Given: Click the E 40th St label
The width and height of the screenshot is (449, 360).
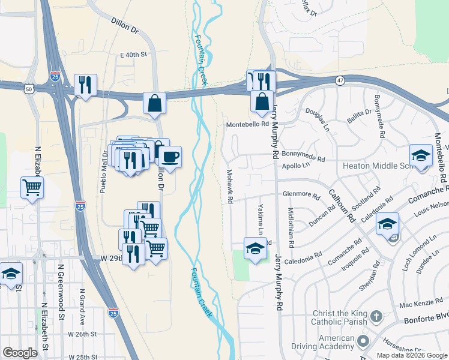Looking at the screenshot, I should [133, 55].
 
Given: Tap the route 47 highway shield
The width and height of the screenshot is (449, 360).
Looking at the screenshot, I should [340, 80].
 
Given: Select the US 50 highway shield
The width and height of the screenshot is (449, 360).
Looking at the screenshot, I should [29, 88].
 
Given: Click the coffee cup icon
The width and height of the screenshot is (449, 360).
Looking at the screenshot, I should [170, 157].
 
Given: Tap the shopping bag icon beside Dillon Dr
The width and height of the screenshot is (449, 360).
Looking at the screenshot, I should [155, 103].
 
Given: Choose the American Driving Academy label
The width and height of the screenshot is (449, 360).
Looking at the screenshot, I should [324, 342].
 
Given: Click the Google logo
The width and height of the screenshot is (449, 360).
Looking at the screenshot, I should [20, 352].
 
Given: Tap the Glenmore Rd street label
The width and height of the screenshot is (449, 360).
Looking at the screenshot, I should [301, 194].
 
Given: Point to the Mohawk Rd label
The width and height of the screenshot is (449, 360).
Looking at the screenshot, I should [229, 186].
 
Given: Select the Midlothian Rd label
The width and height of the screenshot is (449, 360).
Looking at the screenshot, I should [291, 229].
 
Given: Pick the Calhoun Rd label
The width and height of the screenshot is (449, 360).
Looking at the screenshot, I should [342, 208].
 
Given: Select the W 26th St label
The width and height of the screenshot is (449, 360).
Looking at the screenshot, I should [82, 334].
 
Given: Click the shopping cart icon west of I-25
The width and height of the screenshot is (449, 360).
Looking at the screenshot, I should [32, 187].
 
